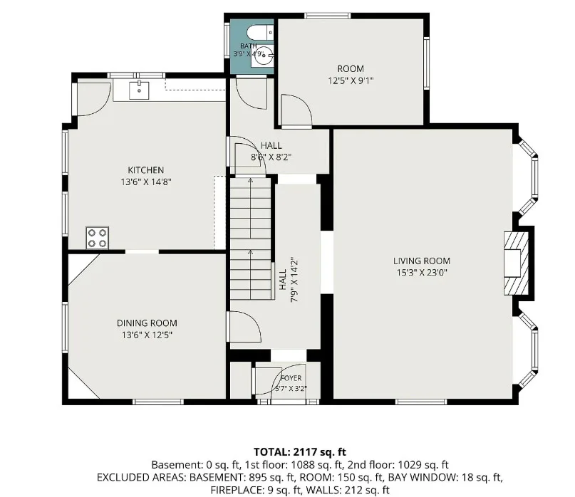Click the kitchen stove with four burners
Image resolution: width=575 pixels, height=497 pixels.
(x=97, y=238)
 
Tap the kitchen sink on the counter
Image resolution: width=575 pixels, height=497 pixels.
(x=139, y=90)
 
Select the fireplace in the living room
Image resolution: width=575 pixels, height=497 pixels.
(x=517, y=263)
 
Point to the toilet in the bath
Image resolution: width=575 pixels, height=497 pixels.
(x=260, y=33)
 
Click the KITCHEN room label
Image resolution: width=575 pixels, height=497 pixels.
(x=146, y=170)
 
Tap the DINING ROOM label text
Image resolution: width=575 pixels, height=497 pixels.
(x=147, y=323)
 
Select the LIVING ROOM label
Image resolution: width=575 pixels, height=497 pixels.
(x=422, y=261)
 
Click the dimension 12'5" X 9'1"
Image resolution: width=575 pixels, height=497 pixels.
(x=351, y=80)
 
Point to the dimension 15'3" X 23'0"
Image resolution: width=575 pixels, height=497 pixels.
(x=422, y=273)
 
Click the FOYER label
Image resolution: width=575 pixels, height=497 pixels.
(x=291, y=378)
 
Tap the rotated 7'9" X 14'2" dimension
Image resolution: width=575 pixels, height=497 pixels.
(x=294, y=281)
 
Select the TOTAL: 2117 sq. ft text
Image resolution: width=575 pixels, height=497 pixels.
(x=300, y=452)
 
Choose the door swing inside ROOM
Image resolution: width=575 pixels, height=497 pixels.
(x=296, y=110)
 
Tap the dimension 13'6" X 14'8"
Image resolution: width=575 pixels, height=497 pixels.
(x=146, y=182)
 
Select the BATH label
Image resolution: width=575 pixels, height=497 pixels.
(x=249, y=46)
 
